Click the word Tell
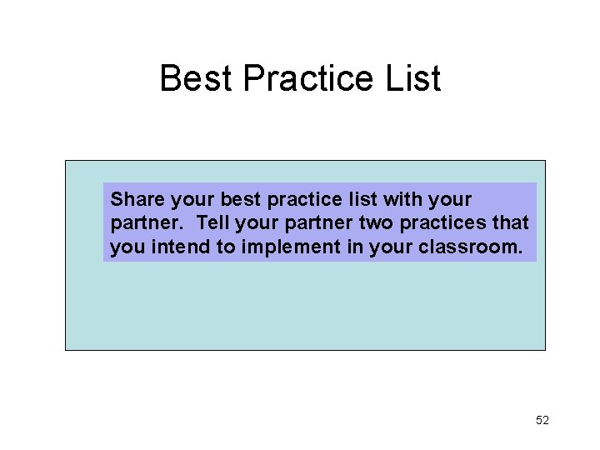(x=214, y=223)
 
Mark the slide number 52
(x=542, y=420)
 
